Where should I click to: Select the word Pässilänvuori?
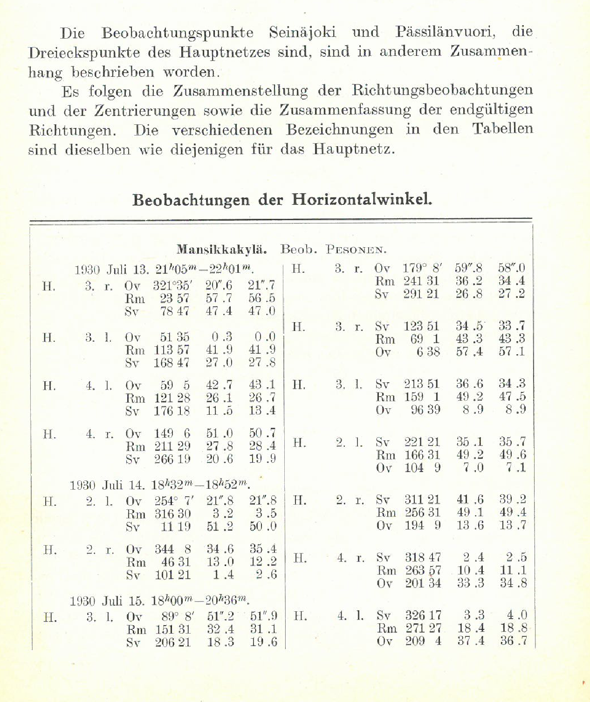[446, 32]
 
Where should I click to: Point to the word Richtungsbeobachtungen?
[442, 90]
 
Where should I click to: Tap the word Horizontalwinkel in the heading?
[362, 199]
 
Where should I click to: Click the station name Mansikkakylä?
[222, 250]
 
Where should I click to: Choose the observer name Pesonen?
[356, 250]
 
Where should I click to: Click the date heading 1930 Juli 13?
[109, 270]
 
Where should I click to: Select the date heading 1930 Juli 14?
[107, 485]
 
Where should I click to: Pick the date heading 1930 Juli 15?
[107, 601]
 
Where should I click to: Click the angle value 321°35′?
[171, 285]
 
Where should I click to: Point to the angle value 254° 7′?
[174, 501]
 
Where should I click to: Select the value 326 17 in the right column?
[423, 615]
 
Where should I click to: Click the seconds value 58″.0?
[511, 268]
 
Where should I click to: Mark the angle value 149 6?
[172, 433]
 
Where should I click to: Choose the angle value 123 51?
[421, 326]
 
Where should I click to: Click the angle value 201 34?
[423, 583]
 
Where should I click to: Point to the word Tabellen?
[502, 128]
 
